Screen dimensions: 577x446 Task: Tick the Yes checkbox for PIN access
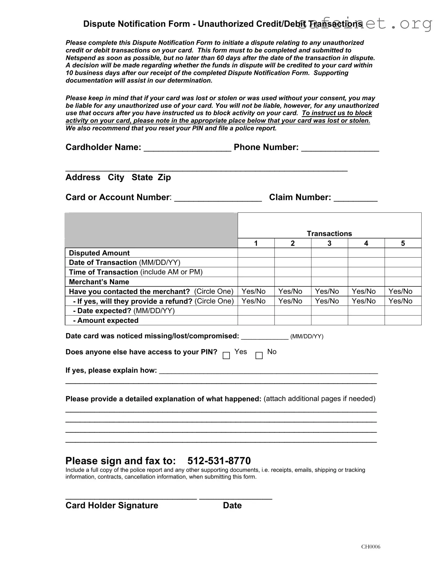click(226, 355)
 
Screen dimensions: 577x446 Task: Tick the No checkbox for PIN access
click(259, 355)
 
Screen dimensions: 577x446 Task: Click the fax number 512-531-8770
click(219, 461)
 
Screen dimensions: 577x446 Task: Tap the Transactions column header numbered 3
click(329, 243)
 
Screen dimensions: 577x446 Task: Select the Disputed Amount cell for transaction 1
click(256, 253)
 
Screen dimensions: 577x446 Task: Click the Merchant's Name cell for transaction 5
click(403, 282)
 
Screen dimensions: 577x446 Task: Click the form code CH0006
click(371, 547)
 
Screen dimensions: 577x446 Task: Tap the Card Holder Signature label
click(112, 505)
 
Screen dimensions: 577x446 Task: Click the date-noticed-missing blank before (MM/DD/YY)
click(265, 337)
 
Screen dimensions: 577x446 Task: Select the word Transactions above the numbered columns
click(329, 234)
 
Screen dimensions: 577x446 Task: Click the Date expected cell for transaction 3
click(329, 311)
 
